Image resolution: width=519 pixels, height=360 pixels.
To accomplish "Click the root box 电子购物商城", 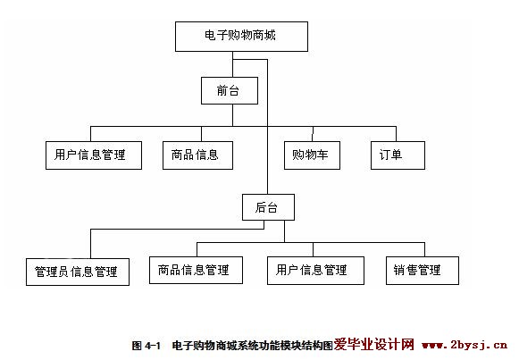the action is (241, 37).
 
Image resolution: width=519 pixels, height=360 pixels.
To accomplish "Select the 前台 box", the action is (230, 90).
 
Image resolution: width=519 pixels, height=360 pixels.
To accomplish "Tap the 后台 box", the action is (268, 207).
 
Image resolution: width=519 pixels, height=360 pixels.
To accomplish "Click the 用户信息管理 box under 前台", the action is (94, 155).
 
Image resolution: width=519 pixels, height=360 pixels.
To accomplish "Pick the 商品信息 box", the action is (197, 155).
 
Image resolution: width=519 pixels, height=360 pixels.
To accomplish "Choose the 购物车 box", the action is (312, 155).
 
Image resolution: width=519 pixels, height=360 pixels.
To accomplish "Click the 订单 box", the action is (398, 155).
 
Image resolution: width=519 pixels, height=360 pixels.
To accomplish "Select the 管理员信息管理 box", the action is (78, 272).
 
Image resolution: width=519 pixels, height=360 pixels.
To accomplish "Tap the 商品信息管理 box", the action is (196, 270).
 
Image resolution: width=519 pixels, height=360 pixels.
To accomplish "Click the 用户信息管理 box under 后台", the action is (315, 271).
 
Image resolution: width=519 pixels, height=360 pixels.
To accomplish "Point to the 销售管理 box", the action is (423, 271).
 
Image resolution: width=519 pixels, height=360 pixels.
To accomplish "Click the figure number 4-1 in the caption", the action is (153, 346).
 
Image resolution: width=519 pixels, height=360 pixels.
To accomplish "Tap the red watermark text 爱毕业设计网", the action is (373, 345).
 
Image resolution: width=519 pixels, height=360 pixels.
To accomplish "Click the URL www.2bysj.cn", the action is (465, 345).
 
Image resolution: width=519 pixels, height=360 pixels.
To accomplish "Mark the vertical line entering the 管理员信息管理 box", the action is (91, 244).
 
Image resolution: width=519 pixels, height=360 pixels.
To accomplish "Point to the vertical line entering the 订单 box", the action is (397, 134).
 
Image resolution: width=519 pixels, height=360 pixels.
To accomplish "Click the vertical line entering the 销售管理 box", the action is (424, 250).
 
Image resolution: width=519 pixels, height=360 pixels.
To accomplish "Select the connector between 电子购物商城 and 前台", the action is (232, 64).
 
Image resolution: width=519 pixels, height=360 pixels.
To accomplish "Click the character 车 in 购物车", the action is (322, 155).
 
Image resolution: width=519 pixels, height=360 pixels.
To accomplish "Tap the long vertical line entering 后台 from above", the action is (267, 127).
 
